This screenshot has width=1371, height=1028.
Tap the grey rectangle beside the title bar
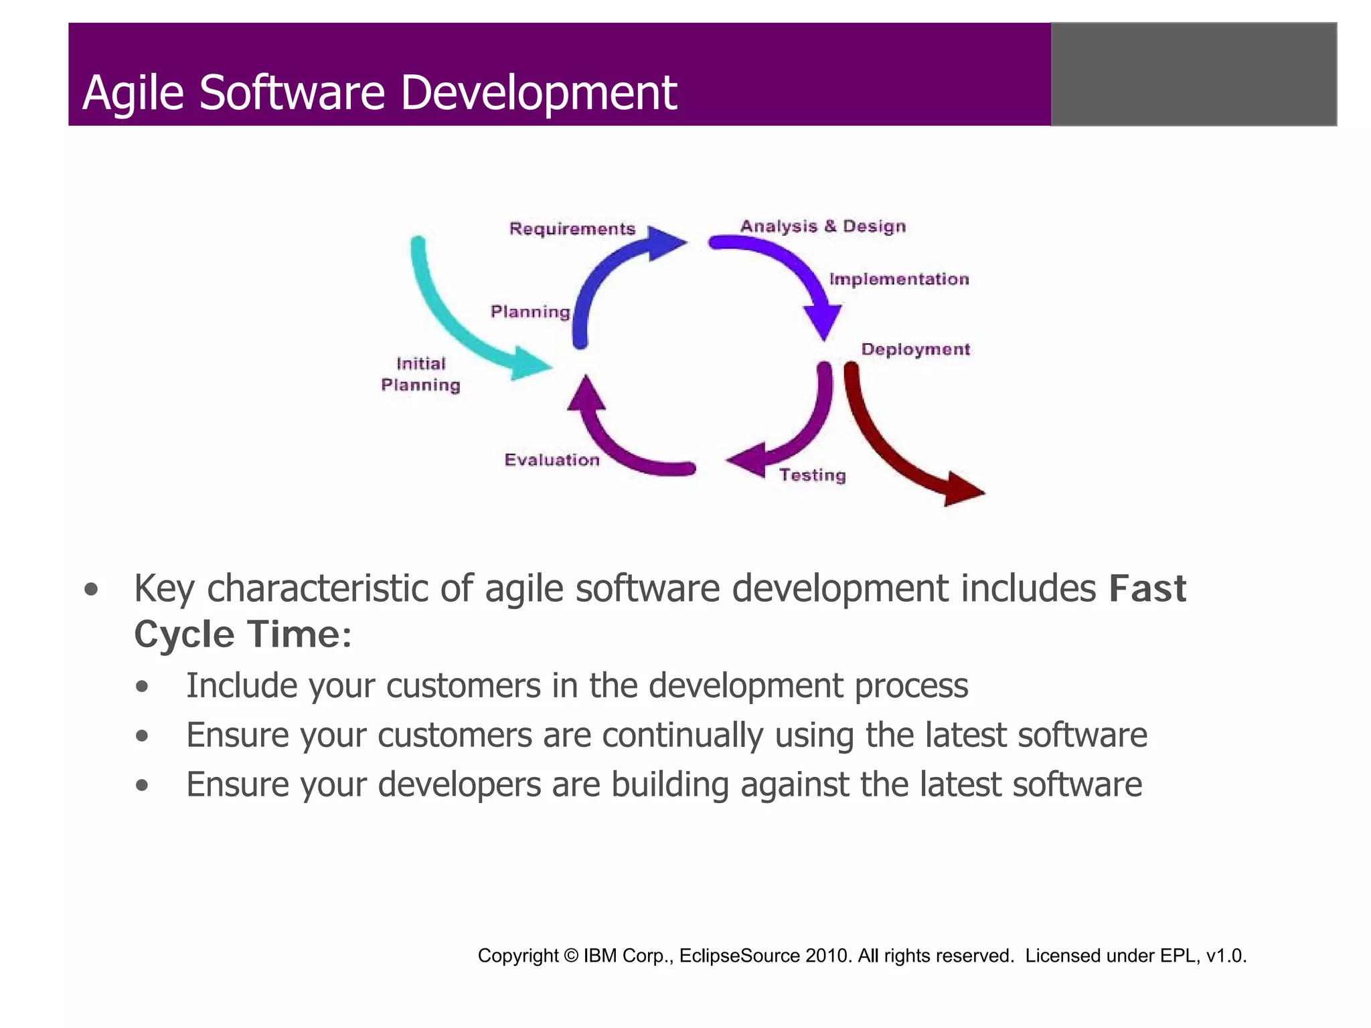[1194, 74]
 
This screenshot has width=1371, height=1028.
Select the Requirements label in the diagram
[572, 229]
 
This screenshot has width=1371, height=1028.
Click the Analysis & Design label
[823, 226]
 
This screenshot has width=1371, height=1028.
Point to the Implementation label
[898, 279]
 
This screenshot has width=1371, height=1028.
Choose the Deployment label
[915, 349]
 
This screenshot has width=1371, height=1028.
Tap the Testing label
[812, 475]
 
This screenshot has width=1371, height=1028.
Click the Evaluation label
[552, 460]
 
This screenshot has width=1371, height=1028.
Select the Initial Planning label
[420, 374]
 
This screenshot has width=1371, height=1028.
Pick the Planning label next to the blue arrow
[530, 312]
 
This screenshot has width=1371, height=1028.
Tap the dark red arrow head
[961, 489]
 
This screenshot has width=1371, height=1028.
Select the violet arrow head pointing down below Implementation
[823, 322]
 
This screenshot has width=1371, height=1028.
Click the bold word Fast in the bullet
[1147, 589]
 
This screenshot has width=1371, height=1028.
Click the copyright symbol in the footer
[570, 956]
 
